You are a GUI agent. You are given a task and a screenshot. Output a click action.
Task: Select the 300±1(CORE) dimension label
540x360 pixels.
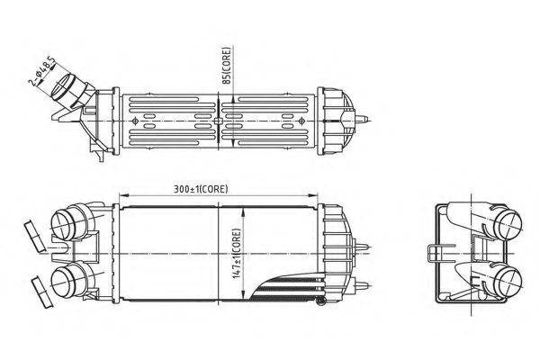(203, 188)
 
